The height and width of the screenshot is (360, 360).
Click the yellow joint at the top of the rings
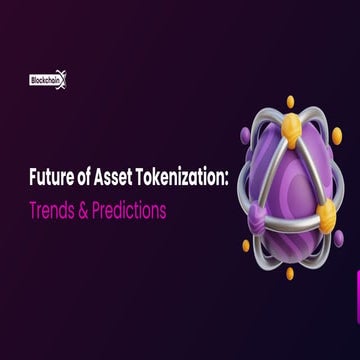pos(289,124)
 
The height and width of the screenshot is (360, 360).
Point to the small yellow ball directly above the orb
pos(290,100)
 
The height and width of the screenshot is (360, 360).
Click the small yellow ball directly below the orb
pos(290,272)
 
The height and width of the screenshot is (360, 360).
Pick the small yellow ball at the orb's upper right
pos(336,133)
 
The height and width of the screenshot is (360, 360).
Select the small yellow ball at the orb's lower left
pos(246,245)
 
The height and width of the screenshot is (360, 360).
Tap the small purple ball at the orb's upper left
pos(245,133)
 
